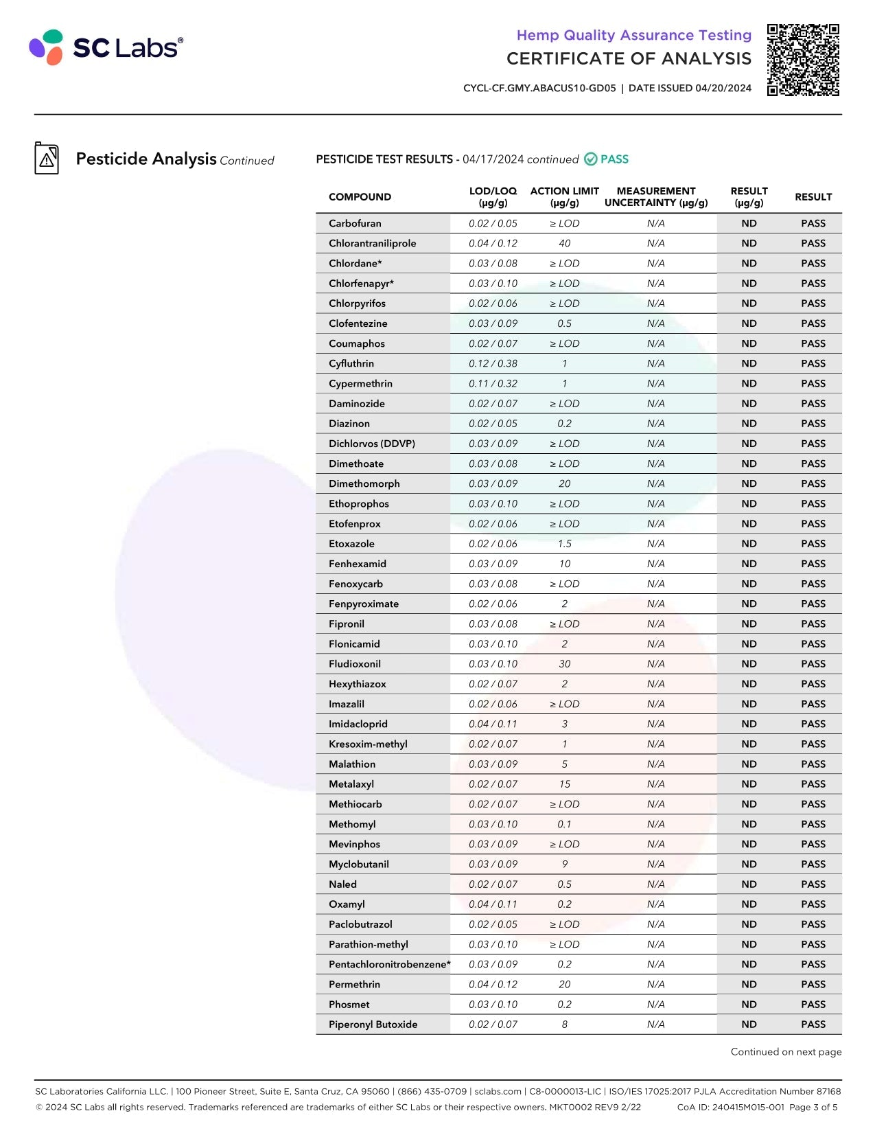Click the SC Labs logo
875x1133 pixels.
(106, 47)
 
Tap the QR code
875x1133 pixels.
(803, 60)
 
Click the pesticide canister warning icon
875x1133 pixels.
(47, 159)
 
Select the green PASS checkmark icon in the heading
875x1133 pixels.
(590, 159)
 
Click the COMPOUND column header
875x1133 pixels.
(360, 197)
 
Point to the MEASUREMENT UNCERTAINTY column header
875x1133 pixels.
(655, 197)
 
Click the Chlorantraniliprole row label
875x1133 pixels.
(372, 244)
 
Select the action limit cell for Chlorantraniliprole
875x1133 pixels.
(564, 244)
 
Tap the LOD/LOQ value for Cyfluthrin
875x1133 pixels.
(493, 364)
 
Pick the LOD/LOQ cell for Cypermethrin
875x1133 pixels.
(493, 384)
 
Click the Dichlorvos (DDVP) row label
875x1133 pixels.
(371, 444)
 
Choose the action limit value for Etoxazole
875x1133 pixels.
(564, 544)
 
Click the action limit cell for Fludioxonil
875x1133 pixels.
(564, 664)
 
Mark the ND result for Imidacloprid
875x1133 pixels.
(749, 724)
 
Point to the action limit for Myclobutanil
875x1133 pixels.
(564, 865)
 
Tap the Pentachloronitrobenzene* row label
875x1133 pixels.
(389, 965)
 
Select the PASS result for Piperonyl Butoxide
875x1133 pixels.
(813, 1025)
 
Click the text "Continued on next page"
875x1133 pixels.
(786, 1052)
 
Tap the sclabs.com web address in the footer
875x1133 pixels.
(498, 1091)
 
